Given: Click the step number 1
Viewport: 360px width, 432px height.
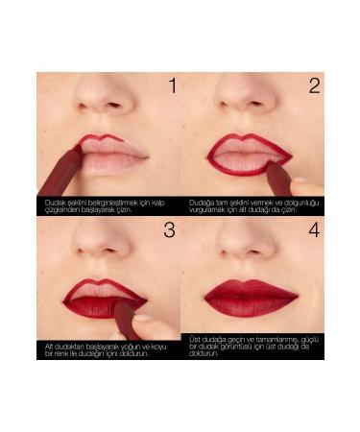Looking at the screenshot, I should [x=172, y=86].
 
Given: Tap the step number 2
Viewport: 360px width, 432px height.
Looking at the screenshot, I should [x=313, y=86].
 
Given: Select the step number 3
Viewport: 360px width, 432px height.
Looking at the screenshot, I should [x=169, y=230].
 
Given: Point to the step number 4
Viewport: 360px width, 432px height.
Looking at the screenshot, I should [x=313, y=230].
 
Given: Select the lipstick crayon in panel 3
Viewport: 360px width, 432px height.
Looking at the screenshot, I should [x=126, y=317].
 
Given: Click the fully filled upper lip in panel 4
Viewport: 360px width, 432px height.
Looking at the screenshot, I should [x=251, y=289].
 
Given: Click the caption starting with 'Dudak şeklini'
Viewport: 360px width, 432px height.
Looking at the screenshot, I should [x=102, y=205].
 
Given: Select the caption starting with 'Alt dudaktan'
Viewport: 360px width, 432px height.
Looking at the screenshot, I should [x=102, y=349].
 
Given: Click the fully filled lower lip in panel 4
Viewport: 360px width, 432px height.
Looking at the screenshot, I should [x=251, y=307].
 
